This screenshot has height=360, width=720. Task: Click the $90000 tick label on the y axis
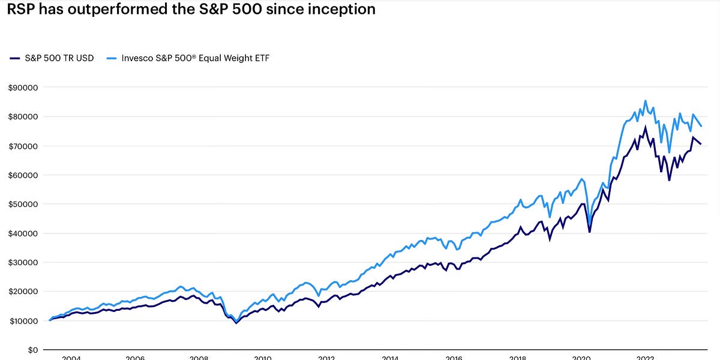click(x=22, y=87)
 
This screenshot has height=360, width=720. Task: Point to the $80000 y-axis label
click(x=22, y=116)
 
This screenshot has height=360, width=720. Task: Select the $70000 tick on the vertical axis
click(x=22, y=146)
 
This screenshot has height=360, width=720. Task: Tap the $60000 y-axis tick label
click(x=22, y=175)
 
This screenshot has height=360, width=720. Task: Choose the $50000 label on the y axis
click(x=22, y=204)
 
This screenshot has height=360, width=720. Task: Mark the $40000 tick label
click(x=22, y=233)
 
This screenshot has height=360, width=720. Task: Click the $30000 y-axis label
click(x=22, y=262)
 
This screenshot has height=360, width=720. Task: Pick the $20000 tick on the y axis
click(x=22, y=292)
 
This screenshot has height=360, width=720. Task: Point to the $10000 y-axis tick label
click(x=22, y=321)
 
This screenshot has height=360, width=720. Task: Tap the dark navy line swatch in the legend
click(x=14, y=58)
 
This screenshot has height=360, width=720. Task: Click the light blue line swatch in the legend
click(x=110, y=58)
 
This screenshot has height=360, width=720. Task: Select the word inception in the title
click(x=346, y=10)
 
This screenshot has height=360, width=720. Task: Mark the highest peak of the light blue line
click(x=646, y=101)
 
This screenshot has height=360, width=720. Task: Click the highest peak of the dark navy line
click(x=646, y=127)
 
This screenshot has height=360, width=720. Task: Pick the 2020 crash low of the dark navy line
click(x=589, y=232)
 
